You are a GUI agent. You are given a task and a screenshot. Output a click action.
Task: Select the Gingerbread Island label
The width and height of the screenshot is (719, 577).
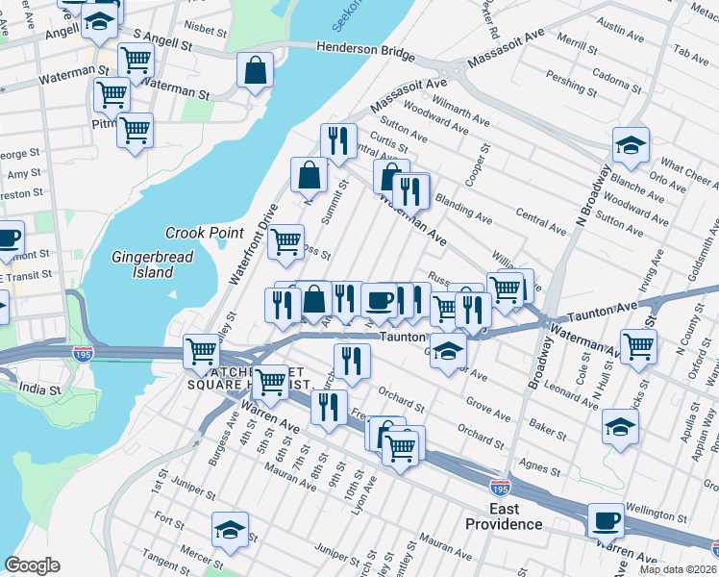pos(154,264)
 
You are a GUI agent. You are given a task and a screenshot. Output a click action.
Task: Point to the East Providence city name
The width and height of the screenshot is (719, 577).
pos(504,516)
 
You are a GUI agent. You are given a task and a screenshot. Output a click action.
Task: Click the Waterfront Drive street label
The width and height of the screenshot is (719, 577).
pos(253,241)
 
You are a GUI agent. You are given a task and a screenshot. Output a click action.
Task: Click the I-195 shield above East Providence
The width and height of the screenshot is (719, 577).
pos(500,489)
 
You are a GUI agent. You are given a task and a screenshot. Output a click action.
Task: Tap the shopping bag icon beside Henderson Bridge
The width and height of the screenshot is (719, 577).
pos(255,70)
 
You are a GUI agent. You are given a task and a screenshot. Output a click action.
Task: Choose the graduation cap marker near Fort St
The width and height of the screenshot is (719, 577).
pos(230,529)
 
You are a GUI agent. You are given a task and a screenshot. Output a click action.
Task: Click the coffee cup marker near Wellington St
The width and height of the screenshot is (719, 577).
pos(606,520)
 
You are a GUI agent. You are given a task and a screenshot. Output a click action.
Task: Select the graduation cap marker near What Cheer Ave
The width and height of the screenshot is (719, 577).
pos(631,146)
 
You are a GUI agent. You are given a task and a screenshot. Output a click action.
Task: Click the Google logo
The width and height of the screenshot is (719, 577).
pos(32,565)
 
